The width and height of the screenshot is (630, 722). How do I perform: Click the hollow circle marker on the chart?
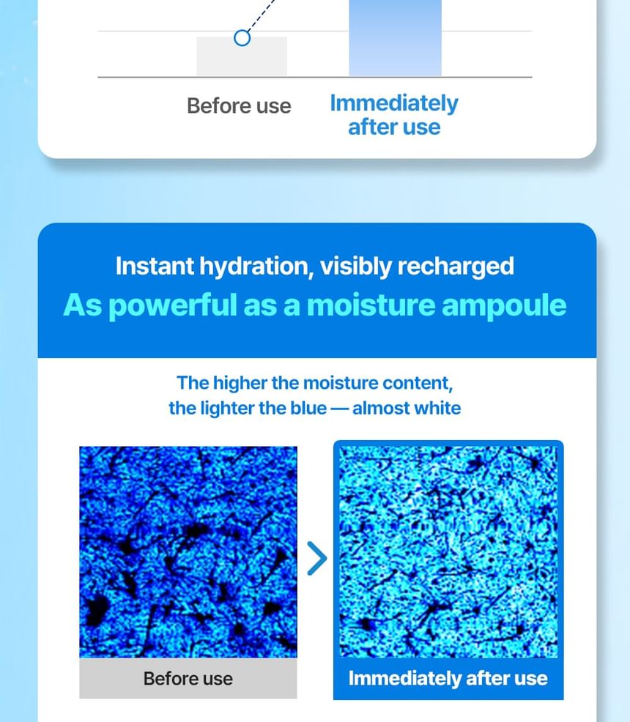[242, 38]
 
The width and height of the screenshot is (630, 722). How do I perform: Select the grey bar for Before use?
[242, 56]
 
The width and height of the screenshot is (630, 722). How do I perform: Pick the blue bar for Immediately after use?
[395, 38]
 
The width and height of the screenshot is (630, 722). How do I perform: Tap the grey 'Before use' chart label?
[239, 106]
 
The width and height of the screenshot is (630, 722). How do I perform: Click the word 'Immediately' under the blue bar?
[394, 103]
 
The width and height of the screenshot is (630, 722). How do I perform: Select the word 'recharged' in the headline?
[456, 267]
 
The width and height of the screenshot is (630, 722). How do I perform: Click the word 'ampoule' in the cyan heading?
[504, 306]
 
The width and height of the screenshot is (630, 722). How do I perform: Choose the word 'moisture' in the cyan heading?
[371, 305]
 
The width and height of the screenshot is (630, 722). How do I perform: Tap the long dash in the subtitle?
[340, 409]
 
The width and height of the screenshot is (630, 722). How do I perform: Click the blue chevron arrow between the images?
[317, 558]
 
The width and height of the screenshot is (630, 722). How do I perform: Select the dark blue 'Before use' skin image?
[188, 551]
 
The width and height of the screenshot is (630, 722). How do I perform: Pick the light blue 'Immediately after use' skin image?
[448, 551]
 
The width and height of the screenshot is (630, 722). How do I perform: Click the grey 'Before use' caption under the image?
[188, 679]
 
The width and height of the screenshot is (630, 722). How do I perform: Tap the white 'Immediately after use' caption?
[448, 679]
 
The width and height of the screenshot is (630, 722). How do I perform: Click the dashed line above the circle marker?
[261, 15]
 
